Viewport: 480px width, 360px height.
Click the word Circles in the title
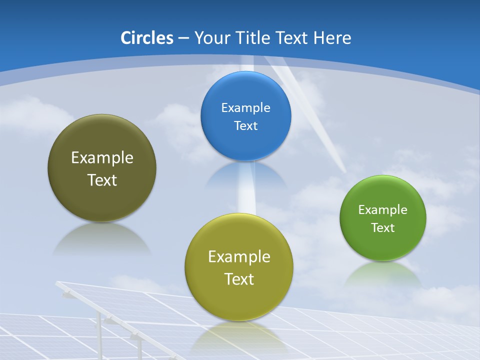[146, 38]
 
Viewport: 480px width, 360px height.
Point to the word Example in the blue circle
[245, 108]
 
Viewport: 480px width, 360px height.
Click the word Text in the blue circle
[245, 125]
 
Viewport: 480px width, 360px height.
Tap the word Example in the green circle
[383, 210]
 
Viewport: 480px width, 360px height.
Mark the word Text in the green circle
[383, 228]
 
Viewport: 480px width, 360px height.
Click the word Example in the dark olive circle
[102, 158]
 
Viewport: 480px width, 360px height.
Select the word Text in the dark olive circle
[102, 180]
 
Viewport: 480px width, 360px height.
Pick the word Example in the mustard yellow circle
[239, 257]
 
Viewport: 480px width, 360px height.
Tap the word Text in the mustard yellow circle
[239, 279]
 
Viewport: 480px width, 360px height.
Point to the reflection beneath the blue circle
[245, 175]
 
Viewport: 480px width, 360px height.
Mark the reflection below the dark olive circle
[102, 239]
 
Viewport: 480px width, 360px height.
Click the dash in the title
[183, 38]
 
